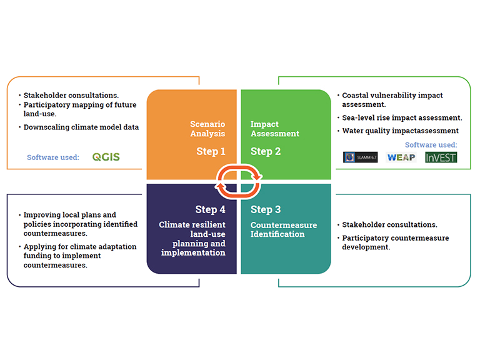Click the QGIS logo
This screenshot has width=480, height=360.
(106, 157)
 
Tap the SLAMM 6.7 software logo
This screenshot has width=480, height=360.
(360, 157)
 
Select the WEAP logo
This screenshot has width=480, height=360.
(401, 157)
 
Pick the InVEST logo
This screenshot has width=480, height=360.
(441, 157)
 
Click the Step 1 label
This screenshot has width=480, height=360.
(211, 151)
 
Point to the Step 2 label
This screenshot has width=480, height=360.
(266, 151)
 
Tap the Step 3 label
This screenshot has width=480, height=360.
(266, 209)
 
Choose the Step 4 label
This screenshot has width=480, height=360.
(210, 209)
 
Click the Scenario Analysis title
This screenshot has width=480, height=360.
(207, 129)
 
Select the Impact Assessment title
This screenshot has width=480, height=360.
(275, 129)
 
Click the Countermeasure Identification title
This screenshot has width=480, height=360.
(284, 229)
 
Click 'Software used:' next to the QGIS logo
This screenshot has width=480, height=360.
(53, 157)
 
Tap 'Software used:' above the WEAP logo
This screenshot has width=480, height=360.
(431, 145)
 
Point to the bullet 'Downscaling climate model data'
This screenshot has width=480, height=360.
(81, 127)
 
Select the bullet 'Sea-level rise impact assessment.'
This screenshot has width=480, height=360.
(402, 117)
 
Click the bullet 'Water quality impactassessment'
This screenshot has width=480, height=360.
(401, 131)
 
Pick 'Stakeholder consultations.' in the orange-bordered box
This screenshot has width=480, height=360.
(71, 95)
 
